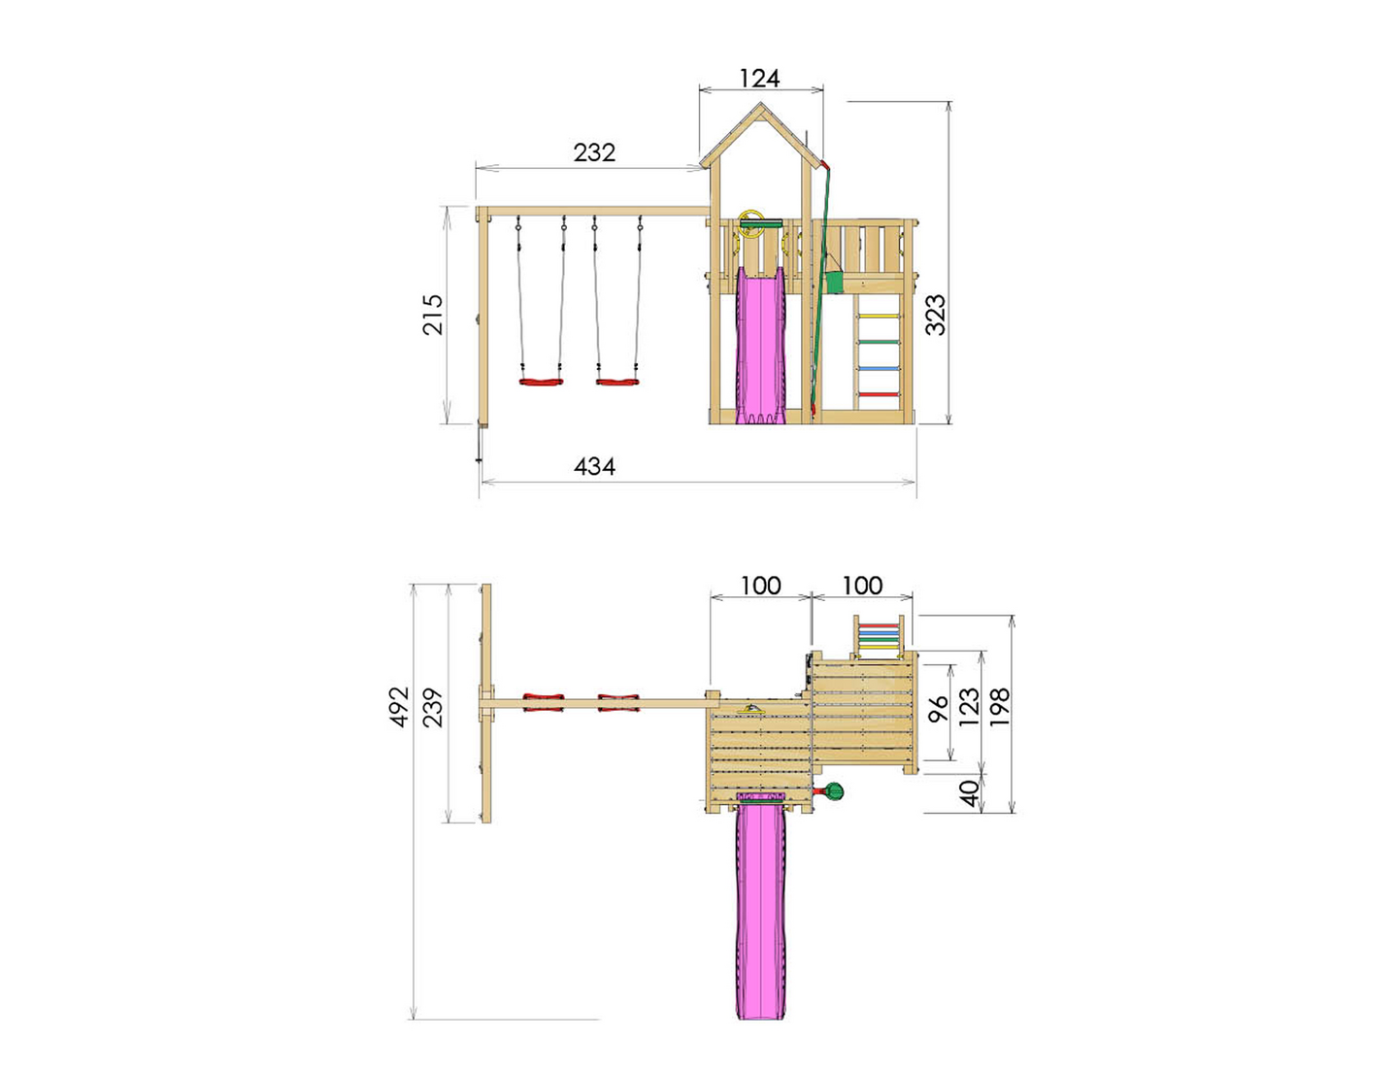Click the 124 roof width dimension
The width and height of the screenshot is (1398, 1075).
(x=759, y=78)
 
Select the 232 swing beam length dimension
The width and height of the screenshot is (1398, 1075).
(x=594, y=152)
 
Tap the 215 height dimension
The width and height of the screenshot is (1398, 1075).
(x=433, y=314)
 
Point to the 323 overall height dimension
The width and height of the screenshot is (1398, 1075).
(x=934, y=315)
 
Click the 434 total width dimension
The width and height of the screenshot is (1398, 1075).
(x=594, y=467)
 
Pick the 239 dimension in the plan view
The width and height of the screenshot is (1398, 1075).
(x=433, y=707)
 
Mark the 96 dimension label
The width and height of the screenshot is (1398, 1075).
(x=939, y=710)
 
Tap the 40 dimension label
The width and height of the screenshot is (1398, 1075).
(x=968, y=793)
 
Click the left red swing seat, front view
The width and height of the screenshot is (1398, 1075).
(x=541, y=381)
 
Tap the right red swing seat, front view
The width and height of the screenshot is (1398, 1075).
(x=617, y=381)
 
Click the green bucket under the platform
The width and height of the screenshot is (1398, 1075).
(x=833, y=281)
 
